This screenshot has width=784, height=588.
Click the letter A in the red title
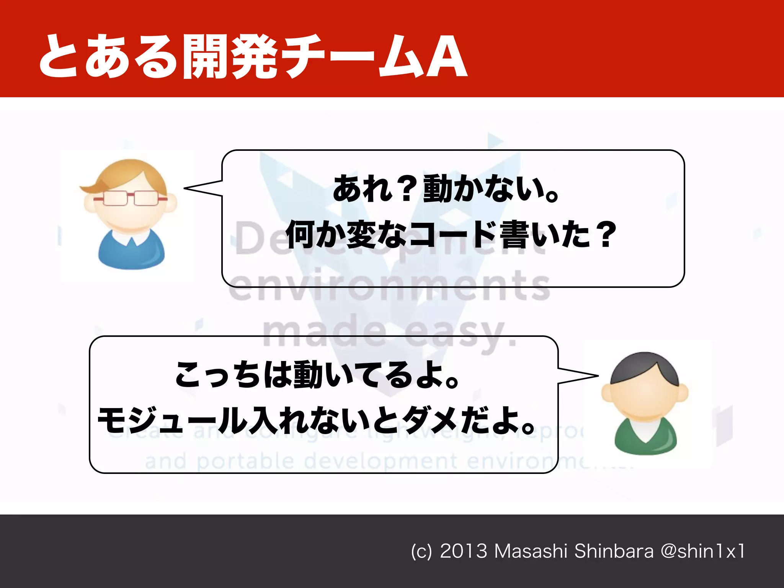click(446, 57)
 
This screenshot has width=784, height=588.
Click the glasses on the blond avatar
click(130, 198)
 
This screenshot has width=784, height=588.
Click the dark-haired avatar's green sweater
click(645, 436)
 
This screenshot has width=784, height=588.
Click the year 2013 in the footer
click(463, 551)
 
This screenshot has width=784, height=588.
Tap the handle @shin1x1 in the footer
click(702, 551)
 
